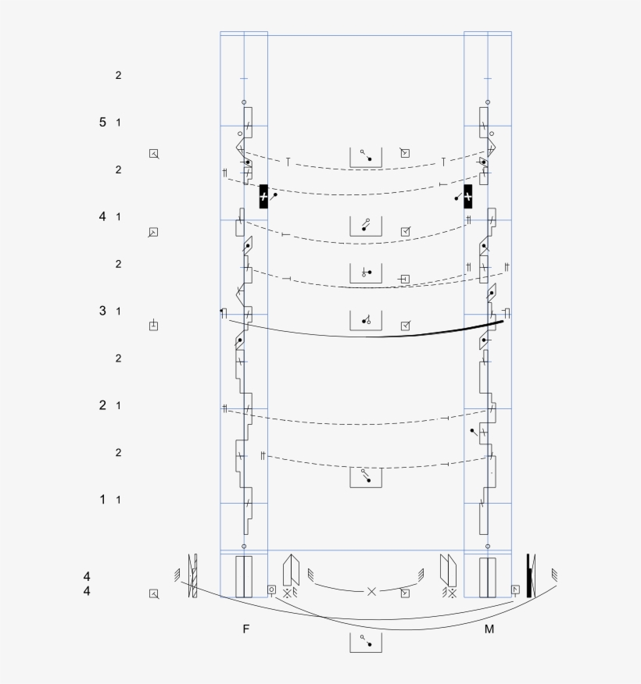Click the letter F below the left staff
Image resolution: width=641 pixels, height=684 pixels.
(x=245, y=629)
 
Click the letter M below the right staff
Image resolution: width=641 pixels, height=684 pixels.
(x=489, y=629)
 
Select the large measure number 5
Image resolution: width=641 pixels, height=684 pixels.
(x=102, y=122)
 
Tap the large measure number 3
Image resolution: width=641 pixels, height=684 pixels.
(x=102, y=311)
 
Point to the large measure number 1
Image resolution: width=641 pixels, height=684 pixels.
(x=102, y=499)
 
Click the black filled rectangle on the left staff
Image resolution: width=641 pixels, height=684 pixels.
(x=263, y=196)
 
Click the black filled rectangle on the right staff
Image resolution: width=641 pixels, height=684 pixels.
(x=468, y=196)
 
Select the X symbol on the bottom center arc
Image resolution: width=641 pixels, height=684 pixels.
(x=371, y=592)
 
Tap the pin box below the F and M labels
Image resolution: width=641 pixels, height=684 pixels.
(x=365, y=642)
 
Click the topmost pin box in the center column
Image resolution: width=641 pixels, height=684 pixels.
(x=365, y=156)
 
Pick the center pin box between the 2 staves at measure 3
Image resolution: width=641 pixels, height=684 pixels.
(x=365, y=320)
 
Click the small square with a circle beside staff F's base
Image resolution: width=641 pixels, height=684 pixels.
(x=272, y=590)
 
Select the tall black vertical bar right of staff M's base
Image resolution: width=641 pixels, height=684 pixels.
(x=529, y=575)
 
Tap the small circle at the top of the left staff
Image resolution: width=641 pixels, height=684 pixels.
(x=244, y=102)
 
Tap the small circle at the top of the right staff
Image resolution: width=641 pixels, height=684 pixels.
(x=488, y=102)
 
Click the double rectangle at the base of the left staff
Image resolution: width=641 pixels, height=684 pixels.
(x=244, y=577)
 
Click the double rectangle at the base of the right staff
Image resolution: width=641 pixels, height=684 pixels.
(x=488, y=577)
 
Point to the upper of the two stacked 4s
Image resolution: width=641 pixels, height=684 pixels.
(x=87, y=576)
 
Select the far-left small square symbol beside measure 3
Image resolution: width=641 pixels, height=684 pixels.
(x=154, y=326)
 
